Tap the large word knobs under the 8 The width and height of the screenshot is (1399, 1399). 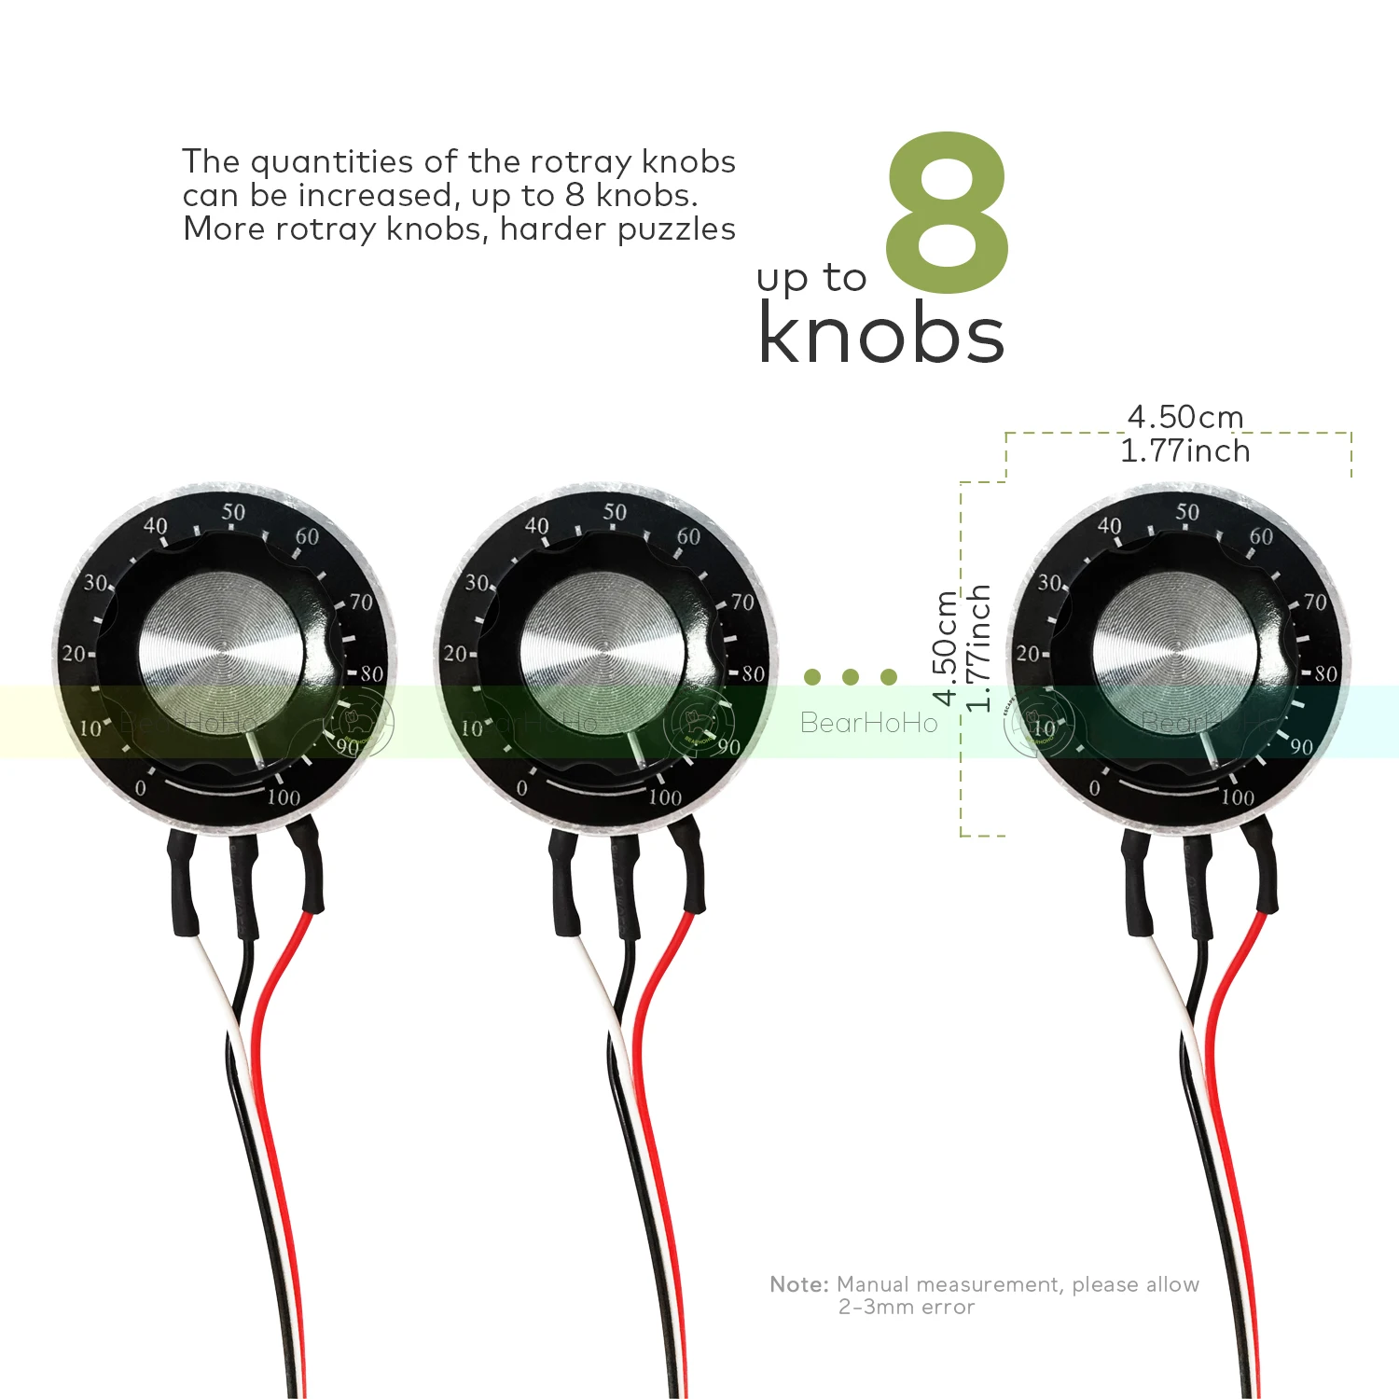click(881, 333)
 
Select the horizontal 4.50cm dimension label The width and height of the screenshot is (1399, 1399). click(1184, 416)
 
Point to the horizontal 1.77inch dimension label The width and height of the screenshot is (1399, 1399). click(1184, 451)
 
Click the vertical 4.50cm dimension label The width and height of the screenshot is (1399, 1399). click(945, 648)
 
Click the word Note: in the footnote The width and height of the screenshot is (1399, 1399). click(799, 1284)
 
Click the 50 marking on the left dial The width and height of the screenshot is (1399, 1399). click(233, 512)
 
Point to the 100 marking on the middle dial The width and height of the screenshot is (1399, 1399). click(665, 797)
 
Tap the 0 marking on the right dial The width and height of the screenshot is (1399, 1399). click(1094, 789)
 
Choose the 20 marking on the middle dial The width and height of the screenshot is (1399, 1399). click(455, 654)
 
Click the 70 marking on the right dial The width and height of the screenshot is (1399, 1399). click(1315, 603)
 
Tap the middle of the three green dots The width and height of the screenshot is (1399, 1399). click(850, 676)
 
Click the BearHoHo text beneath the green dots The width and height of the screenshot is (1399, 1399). click(868, 723)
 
